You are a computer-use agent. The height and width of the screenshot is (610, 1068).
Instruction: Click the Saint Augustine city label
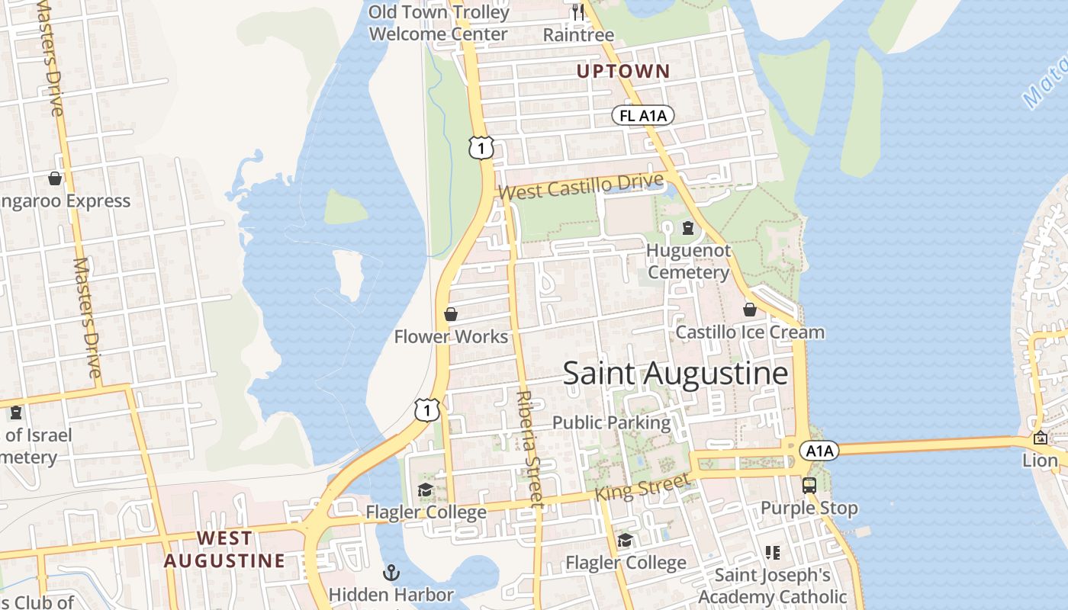675,374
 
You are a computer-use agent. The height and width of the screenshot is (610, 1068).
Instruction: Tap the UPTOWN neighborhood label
623,72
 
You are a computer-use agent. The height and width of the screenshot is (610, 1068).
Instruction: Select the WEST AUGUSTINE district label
224,549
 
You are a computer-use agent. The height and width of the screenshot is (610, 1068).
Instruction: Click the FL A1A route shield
643,116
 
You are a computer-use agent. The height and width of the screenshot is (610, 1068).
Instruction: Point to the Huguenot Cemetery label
689,262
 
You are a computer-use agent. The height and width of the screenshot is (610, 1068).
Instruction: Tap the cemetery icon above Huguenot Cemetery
688,227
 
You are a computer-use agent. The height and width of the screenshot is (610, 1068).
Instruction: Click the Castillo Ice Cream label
750,332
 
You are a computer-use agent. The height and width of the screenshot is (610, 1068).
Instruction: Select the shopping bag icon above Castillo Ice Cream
750,310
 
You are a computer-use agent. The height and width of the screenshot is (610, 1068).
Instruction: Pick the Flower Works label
451,337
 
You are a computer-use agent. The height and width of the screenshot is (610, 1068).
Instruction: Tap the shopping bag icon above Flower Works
451,314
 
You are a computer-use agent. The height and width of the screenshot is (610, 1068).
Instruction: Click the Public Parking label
611,422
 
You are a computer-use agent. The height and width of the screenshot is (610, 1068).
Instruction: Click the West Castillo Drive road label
581,186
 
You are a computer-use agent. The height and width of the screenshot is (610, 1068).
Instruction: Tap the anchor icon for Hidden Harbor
391,572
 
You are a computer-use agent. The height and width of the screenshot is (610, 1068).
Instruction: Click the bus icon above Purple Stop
809,485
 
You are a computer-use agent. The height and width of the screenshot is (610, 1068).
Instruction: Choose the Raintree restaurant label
578,35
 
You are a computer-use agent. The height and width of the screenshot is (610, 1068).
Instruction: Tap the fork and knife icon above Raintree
577,12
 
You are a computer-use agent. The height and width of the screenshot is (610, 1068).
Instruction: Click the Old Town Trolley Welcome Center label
439,24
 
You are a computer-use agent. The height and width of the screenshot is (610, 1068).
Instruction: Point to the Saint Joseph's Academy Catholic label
772,586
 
